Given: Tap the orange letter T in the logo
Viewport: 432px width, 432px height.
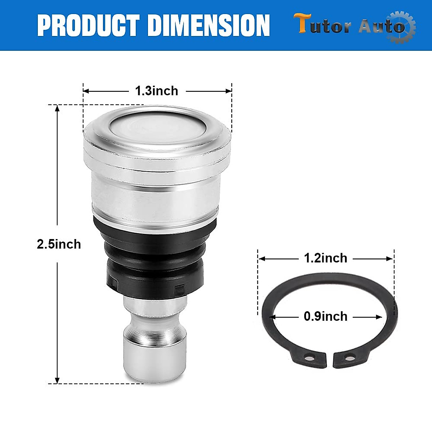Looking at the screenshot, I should point(302,23).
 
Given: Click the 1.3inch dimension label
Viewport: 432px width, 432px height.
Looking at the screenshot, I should point(157,91).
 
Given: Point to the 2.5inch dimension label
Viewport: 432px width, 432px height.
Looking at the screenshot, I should point(59,244).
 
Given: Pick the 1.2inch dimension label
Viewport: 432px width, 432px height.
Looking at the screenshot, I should point(325,258).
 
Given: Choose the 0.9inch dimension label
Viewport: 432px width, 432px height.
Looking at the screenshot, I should point(325,316).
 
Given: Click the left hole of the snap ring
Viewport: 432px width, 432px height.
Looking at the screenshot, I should point(307,358).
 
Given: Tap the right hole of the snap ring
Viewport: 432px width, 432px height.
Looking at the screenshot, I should point(349,358).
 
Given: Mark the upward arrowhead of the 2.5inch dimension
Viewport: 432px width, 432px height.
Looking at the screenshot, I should point(57,108).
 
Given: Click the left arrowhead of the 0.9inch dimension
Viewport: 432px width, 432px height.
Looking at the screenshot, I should point(272,317).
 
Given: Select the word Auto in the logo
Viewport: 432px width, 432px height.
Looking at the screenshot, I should point(382,27).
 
